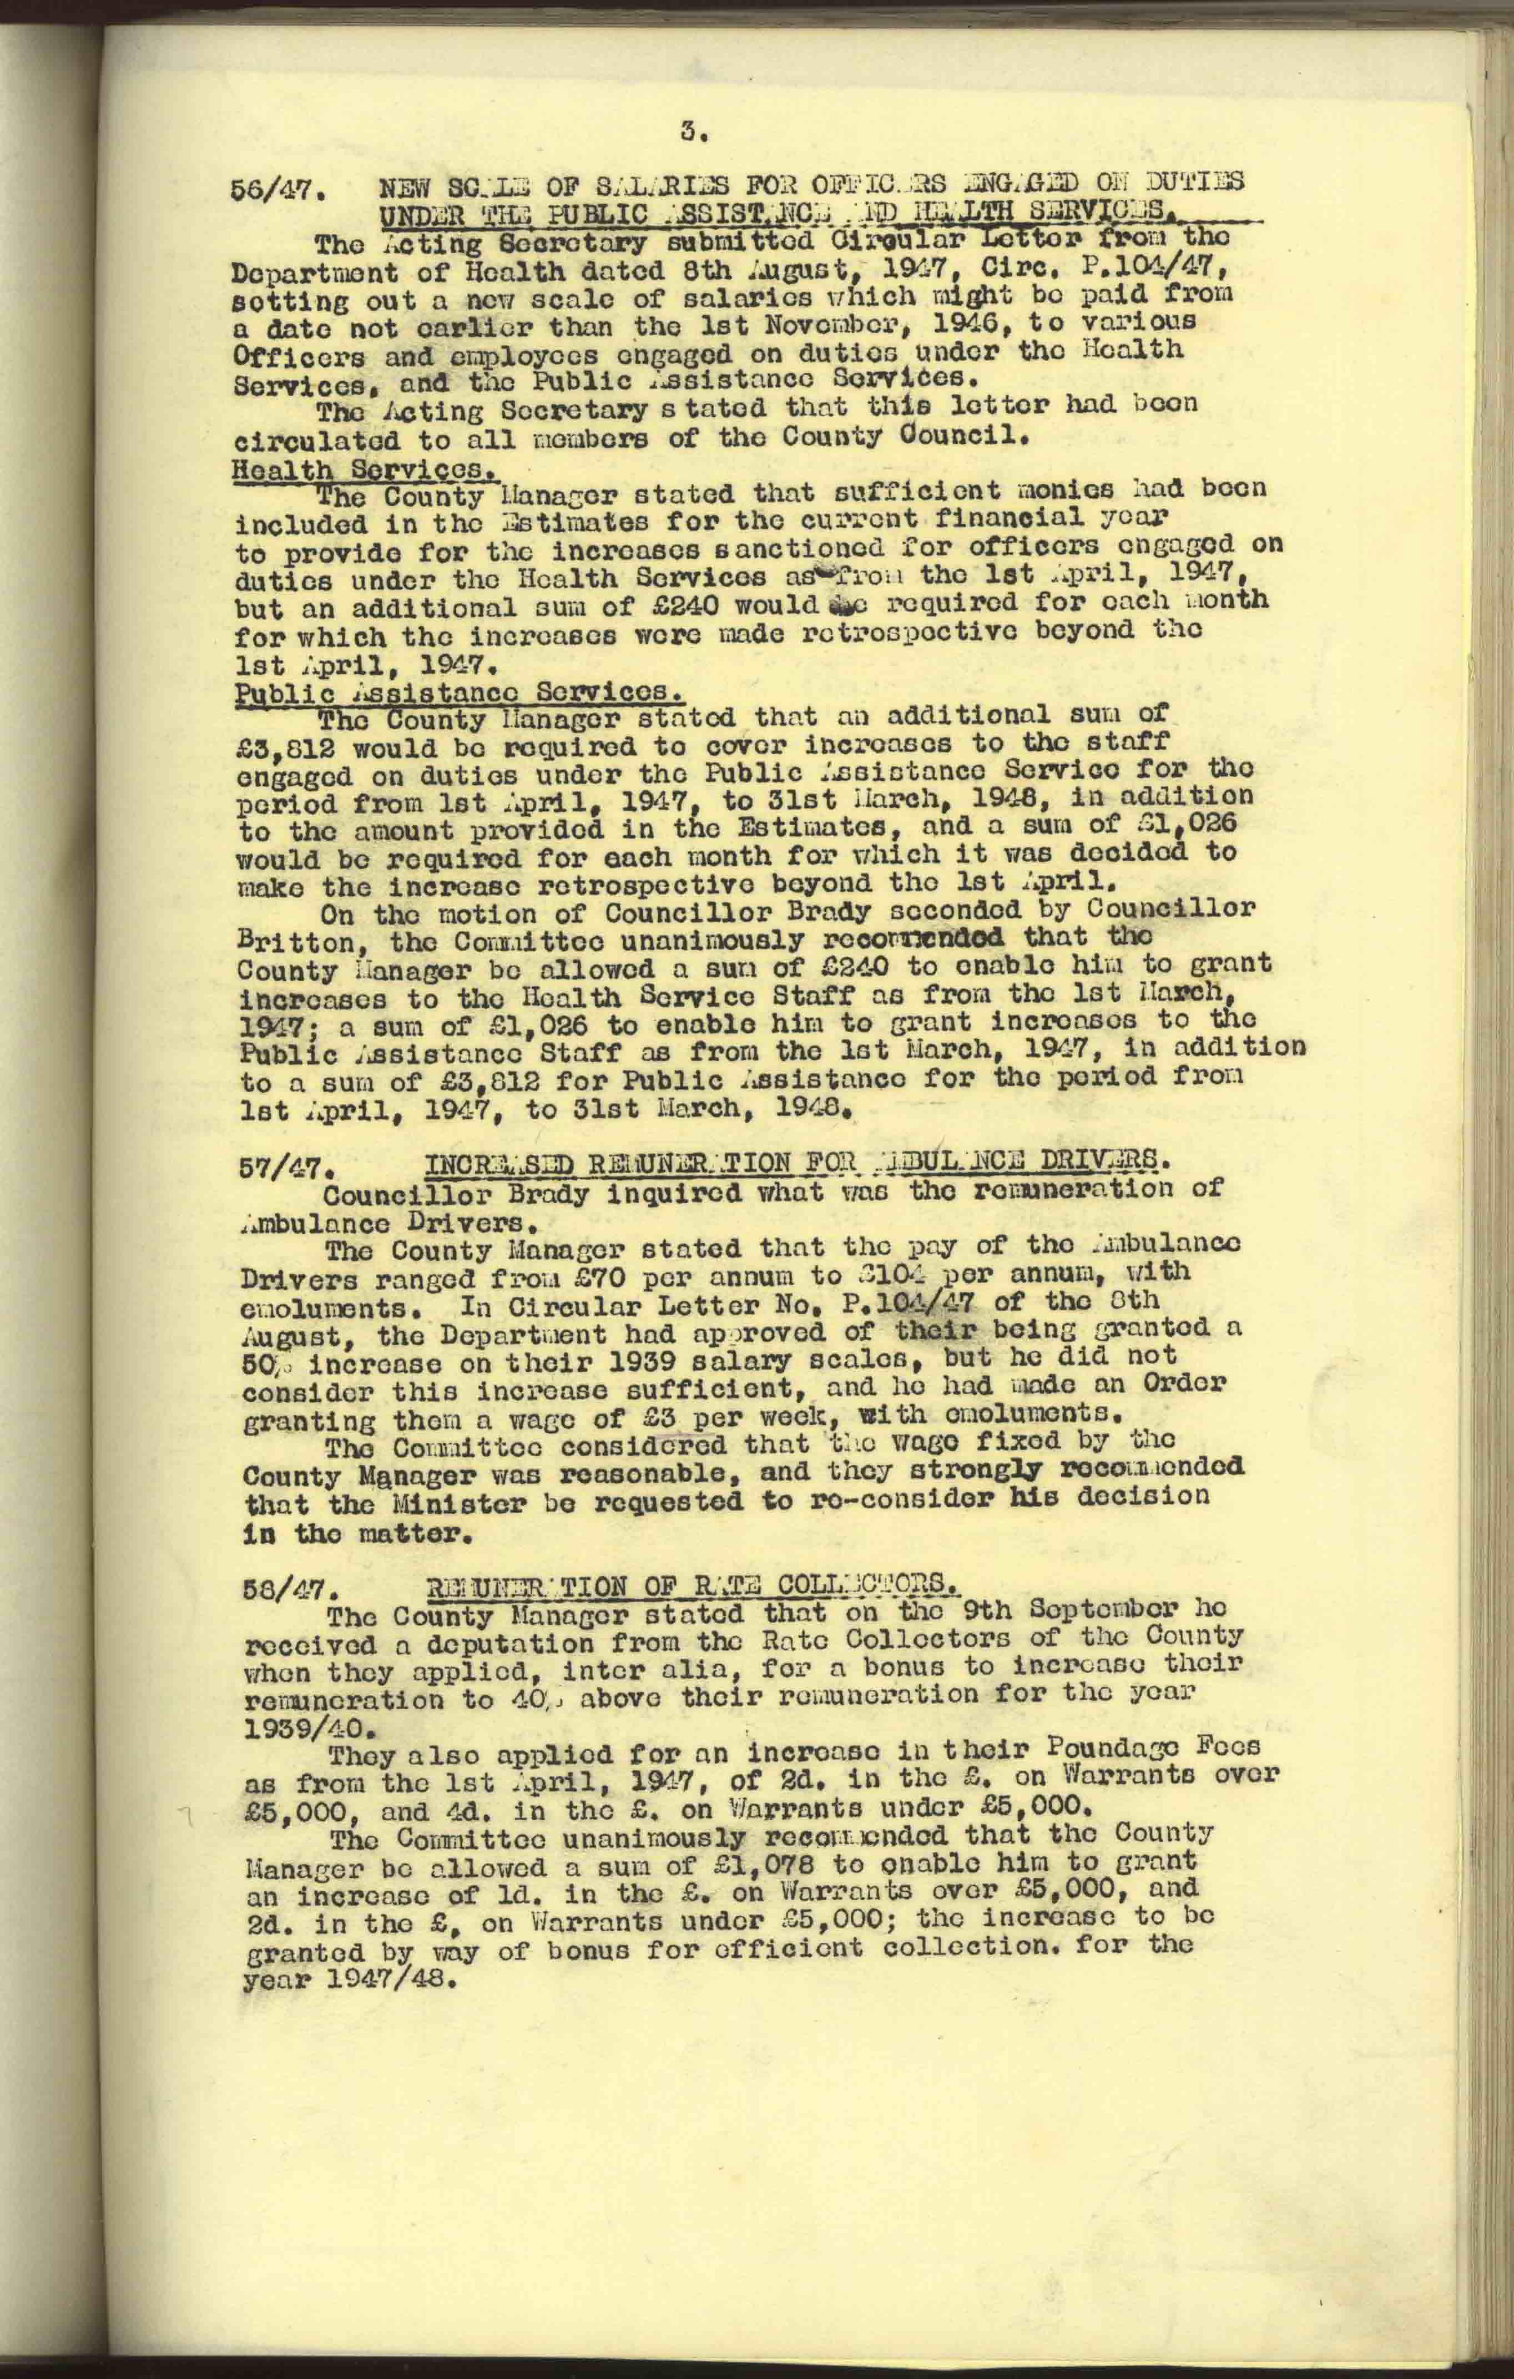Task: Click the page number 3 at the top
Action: pyautogui.click(x=691, y=129)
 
